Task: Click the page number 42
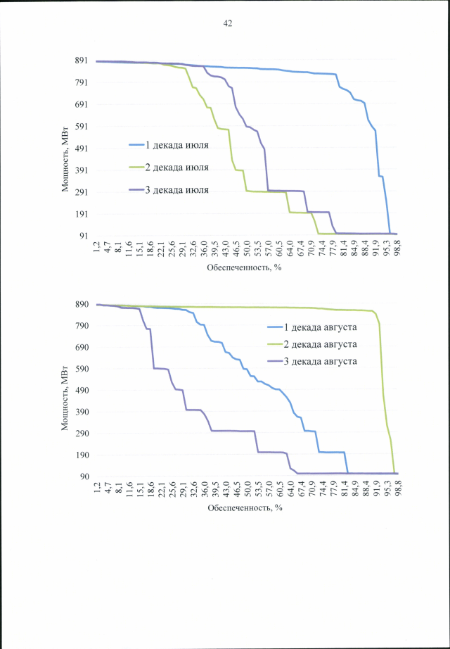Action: (227, 23)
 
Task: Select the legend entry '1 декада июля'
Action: (176, 145)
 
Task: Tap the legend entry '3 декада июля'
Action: (176, 190)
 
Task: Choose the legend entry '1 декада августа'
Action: (321, 328)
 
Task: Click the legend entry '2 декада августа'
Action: (321, 344)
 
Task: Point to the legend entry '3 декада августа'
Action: (321, 361)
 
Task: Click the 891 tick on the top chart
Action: (81, 61)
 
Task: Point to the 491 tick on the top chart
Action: (81, 149)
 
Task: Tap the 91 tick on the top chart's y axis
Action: (83, 236)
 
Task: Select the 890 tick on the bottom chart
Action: (81, 304)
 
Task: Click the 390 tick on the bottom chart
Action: (81, 412)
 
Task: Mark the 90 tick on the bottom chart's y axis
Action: (83, 477)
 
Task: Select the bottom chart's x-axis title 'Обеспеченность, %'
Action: (244, 507)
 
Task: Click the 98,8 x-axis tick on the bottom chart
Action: (397, 489)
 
